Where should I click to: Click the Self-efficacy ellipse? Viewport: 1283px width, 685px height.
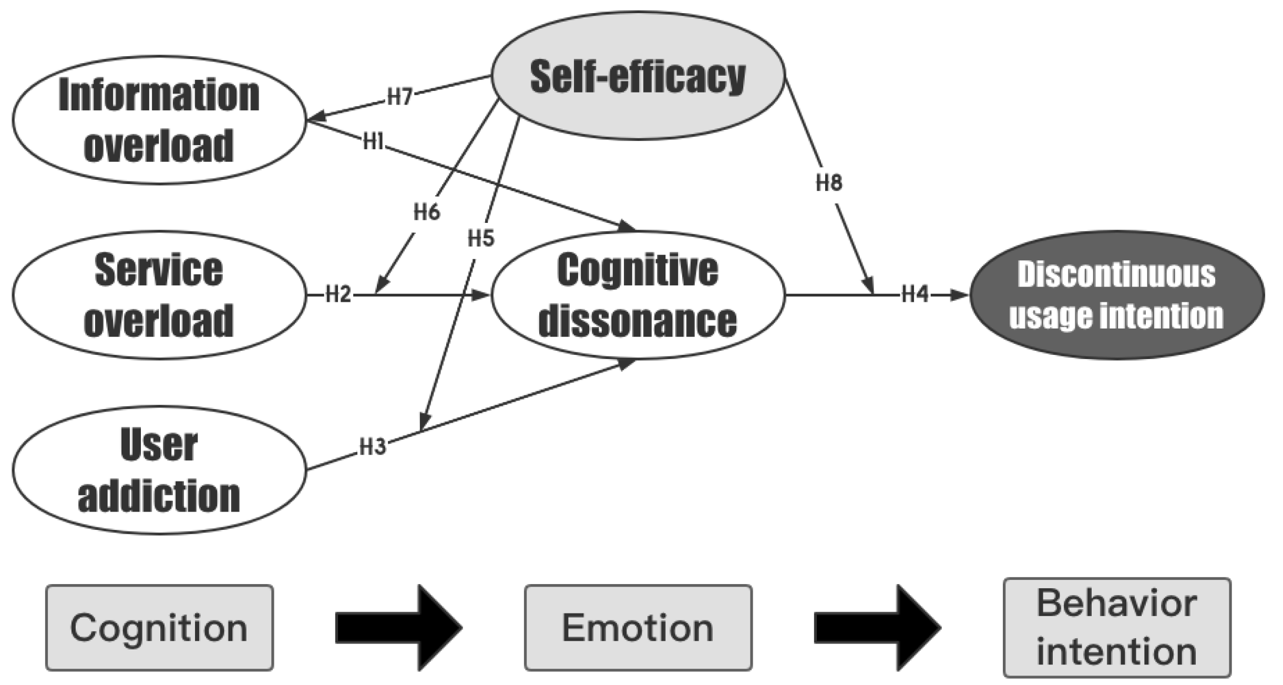(638, 76)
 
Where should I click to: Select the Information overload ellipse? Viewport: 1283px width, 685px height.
(159, 120)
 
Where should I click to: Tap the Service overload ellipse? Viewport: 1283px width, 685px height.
(159, 295)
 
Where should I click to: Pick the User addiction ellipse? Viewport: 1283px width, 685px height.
(159, 469)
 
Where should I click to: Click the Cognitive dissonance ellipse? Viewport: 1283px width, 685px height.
(638, 295)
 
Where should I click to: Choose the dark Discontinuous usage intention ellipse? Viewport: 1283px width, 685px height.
(1116, 295)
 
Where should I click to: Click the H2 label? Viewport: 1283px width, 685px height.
(338, 295)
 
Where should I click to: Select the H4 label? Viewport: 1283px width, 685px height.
(915, 295)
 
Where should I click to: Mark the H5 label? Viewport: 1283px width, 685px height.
(481, 239)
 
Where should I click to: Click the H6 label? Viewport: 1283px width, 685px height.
(426, 212)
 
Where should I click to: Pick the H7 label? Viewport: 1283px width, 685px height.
(399, 97)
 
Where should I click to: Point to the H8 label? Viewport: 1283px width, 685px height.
(829, 183)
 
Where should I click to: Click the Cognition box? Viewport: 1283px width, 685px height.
(159, 628)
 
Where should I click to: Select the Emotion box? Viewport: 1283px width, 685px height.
(638, 628)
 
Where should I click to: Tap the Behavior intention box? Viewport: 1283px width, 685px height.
(1117, 628)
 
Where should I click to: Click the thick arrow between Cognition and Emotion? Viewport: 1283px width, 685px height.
(398, 628)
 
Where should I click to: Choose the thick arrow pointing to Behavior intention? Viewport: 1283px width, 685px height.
(877, 628)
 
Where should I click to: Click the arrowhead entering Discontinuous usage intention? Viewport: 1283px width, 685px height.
(961, 295)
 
